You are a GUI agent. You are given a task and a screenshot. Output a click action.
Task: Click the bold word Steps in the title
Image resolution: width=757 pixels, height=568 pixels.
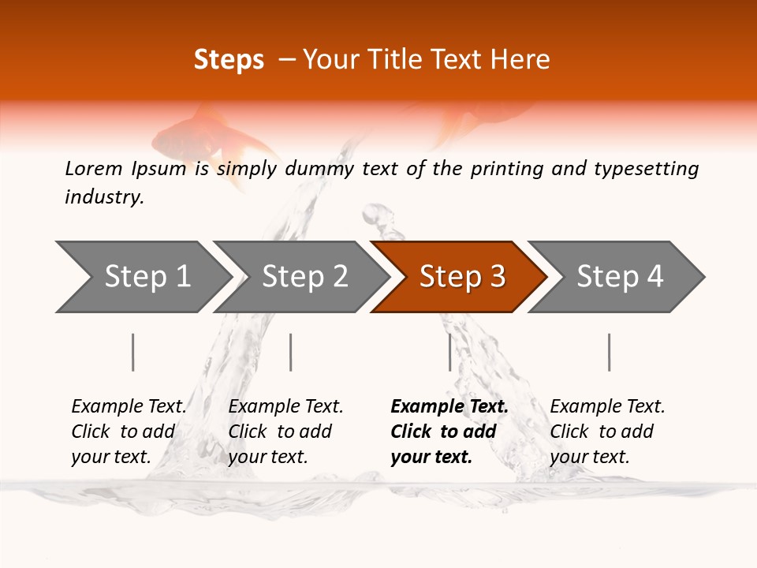229,60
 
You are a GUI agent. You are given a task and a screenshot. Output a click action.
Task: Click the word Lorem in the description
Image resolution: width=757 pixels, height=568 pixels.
93,169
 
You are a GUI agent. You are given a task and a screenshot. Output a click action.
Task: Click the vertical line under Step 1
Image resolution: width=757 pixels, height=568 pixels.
133,352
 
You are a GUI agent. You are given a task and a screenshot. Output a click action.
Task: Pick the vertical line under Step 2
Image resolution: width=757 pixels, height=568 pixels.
291,352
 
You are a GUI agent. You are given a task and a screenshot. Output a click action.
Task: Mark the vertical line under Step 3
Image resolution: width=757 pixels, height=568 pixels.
449,352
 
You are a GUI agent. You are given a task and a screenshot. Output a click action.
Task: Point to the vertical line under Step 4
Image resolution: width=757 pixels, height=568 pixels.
609,352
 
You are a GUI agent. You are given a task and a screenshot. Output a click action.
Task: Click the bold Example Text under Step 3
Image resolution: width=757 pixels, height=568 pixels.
449,407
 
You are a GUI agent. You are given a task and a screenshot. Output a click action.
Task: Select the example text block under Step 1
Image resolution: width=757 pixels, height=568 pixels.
129,432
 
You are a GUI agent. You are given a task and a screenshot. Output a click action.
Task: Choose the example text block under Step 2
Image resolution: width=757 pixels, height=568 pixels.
285,432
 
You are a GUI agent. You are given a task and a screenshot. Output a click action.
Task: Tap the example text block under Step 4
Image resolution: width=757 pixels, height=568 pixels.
607,432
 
